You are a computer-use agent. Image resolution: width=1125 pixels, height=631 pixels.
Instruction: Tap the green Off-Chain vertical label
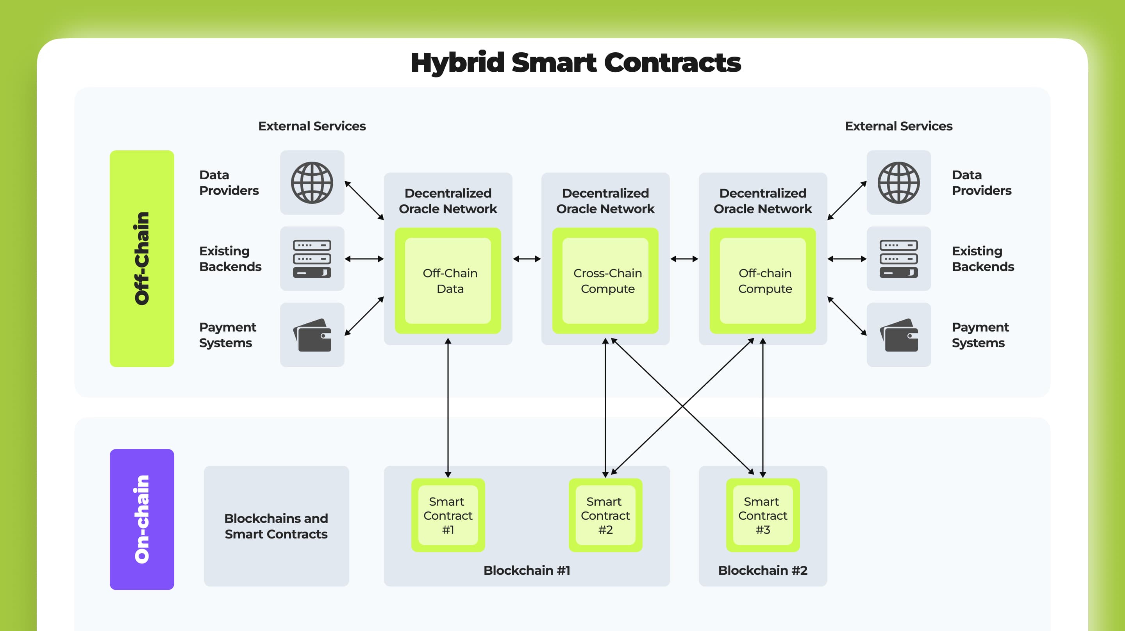[142, 258]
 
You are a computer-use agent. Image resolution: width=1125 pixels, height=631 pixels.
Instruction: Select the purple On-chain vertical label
[142, 519]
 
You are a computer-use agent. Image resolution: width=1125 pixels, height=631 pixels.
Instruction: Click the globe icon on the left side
[312, 182]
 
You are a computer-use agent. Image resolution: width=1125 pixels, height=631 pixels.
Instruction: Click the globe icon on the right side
[898, 182]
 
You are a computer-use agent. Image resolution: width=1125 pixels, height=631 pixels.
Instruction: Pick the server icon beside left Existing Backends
[312, 258]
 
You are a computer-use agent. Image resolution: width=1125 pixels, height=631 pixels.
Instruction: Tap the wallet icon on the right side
[898, 335]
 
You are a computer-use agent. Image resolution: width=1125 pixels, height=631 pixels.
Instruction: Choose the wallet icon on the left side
[312, 335]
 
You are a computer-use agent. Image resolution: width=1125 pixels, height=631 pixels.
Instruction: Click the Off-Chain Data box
[448, 281]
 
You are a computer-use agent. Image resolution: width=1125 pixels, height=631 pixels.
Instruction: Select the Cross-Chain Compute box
[605, 281]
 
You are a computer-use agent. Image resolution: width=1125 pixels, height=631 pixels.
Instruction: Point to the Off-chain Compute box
[762, 281]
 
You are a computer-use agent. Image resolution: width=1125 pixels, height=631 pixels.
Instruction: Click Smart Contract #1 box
[448, 515]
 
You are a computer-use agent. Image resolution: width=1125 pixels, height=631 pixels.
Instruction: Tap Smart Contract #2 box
[605, 515]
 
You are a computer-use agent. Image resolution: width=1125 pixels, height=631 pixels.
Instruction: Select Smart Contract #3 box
[762, 515]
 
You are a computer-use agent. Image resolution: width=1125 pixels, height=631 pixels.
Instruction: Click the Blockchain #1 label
[527, 570]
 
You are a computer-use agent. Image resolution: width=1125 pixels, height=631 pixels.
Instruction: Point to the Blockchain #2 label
[762, 570]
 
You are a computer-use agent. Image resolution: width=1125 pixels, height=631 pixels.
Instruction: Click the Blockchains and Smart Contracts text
[276, 526]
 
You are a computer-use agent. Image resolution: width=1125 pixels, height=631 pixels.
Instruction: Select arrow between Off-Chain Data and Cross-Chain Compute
[527, 259]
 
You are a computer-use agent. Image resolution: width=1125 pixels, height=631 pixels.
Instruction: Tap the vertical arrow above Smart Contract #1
[448, 406]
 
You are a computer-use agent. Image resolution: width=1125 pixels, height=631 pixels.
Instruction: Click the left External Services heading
[312, 126]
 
